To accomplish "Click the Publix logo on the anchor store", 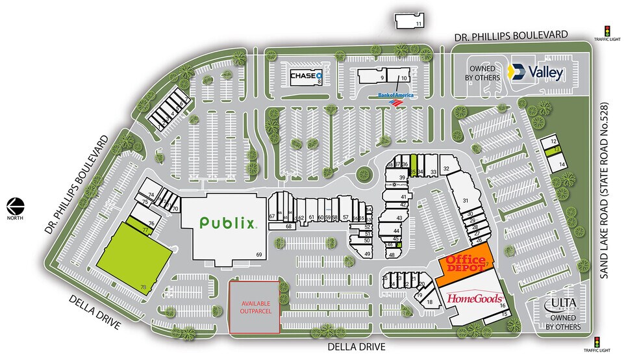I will (227, 224).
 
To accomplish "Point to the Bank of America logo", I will (395, 98).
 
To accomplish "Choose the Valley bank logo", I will (536, 72).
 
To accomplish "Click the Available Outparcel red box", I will (255, 306).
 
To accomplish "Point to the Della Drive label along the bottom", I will (358, 346).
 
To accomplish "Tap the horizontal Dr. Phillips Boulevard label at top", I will (511, 34).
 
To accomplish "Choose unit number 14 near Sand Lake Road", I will (561, 165).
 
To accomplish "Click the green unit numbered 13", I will (557, 150).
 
